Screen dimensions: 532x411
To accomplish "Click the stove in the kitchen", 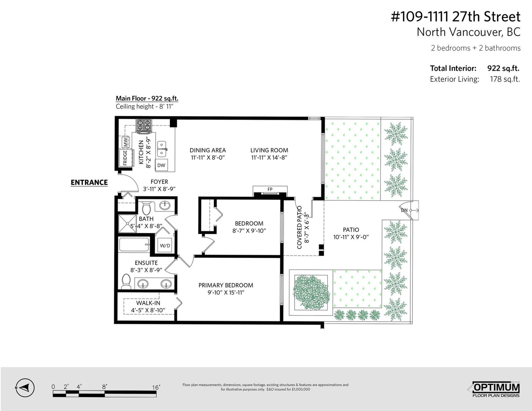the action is (x=144, y=125).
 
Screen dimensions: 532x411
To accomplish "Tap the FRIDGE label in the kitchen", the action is (x=125, y=158).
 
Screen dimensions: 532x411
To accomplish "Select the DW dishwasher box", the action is (x=161, y=165).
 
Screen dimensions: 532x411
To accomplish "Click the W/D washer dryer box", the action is (x=165, y=245).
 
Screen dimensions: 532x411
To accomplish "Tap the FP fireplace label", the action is (x=270, y=189).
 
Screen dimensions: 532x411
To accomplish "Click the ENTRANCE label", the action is (x=89, y=182).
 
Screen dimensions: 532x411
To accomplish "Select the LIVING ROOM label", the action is (x=269, y=150).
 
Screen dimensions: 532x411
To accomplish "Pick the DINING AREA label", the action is (x=208, y=150).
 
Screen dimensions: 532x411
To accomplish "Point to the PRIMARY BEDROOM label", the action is (x=226, y=285).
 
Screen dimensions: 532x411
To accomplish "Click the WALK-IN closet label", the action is (x=148, y=303).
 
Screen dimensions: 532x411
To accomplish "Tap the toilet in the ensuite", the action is (x=126, y=282).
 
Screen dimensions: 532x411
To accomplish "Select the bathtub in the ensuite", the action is (x=134, y=244).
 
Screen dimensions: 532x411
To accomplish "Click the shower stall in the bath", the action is (x=127, y=224).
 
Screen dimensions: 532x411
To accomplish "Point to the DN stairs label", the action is (x=404, y=210).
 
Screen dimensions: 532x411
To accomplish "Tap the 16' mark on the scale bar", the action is (x=156, y=387).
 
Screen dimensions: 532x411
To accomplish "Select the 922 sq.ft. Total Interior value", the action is (x=503, y=68).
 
